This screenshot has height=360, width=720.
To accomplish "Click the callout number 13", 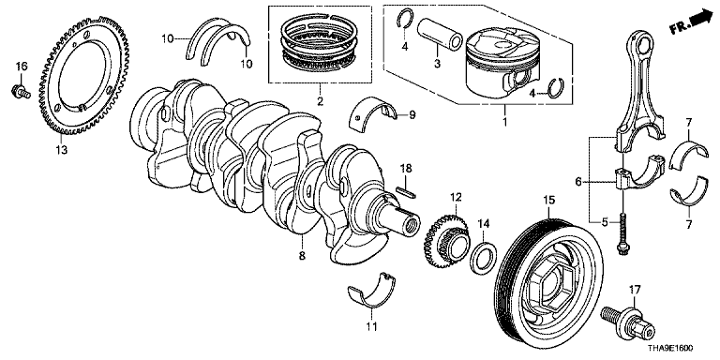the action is click(x=62, y=150).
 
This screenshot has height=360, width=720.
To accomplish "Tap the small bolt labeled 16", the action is click(x=21, y=91).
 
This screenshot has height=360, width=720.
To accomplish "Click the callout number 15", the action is click(x=549, y=200).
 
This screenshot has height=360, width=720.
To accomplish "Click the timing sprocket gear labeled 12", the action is click(x=445, y=242).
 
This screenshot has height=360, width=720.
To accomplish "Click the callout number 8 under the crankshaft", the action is click(x=302, y=256).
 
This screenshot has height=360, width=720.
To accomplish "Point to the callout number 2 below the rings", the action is click(x=320, y=100).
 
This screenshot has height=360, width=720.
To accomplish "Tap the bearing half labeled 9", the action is click(x=374, y=112).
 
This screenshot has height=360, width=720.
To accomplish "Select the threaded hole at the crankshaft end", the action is click(x=412, y=225).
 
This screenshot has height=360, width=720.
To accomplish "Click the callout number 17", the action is click(x=634, y=290).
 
